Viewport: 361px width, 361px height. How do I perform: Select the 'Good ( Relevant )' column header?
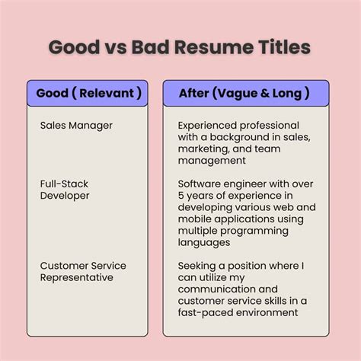point(88,93)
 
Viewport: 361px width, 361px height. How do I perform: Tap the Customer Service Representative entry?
point(83,271)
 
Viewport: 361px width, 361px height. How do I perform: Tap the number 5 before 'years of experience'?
point(181,195)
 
